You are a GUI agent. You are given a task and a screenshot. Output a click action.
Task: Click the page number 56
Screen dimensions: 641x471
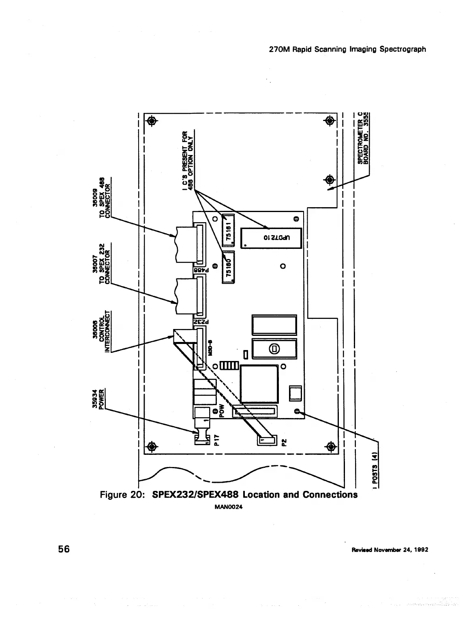pyautogui.click(x=64, y=549)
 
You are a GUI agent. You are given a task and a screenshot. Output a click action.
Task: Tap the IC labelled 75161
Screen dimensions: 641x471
pyautogui.click(x=229, y=232)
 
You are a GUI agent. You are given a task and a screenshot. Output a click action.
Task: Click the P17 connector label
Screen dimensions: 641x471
pyautogui.click(x=217, y=439)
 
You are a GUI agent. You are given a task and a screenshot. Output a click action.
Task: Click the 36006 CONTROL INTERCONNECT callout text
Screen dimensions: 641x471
pyautogui.click(x=101, y=331)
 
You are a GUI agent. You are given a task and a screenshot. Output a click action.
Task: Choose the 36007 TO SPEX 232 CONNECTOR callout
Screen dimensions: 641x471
pyautogui.click(x=101, y=264)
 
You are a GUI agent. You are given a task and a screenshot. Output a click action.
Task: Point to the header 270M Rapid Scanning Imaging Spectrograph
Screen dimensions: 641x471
pyautogui.click(x=347, y=49)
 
